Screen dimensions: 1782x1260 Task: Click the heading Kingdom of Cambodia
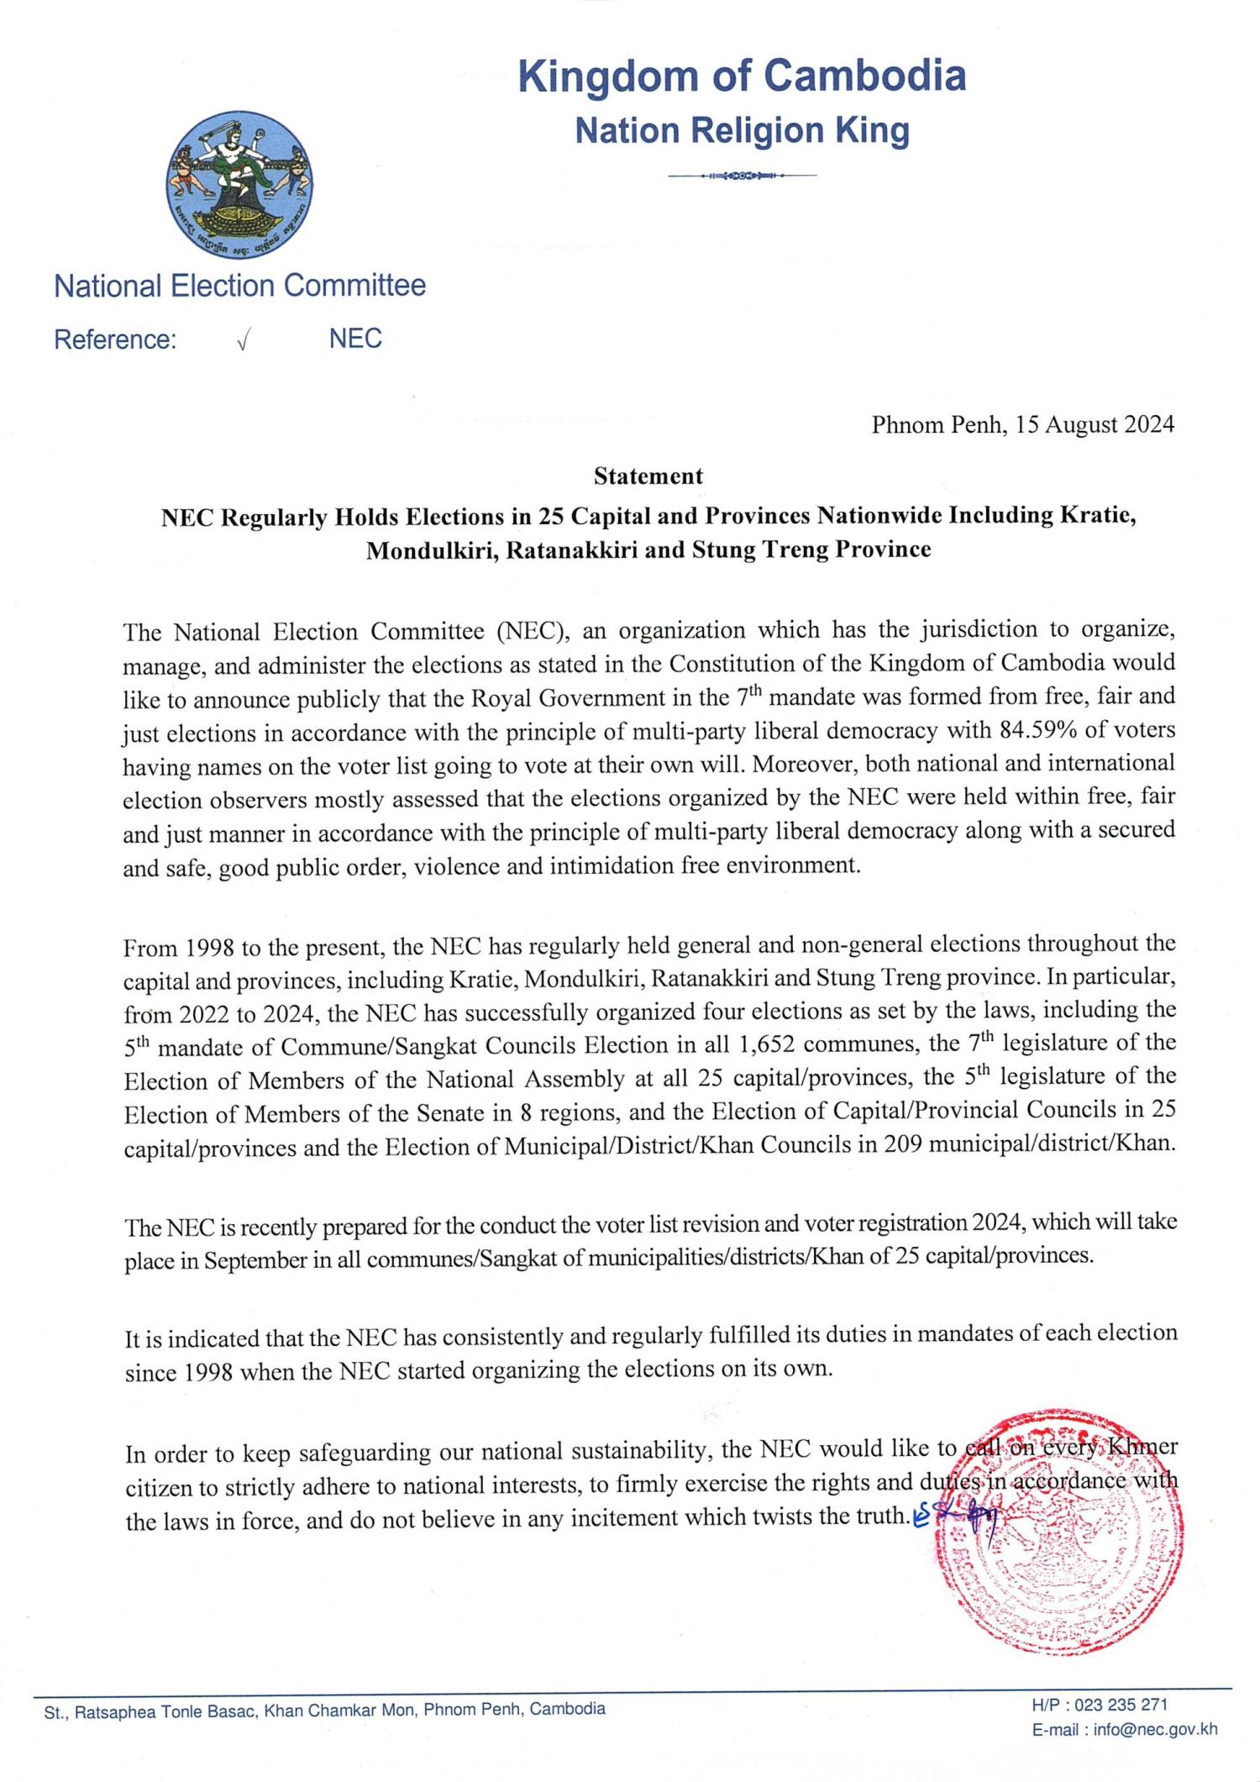742,76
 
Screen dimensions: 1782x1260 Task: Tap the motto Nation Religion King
742,131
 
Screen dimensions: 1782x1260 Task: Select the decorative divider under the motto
742,176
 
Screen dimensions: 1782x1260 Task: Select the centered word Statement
648,476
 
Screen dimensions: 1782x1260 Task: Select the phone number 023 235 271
1121,1705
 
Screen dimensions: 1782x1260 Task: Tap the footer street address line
324,1709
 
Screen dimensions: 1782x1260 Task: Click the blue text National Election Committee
239,286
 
